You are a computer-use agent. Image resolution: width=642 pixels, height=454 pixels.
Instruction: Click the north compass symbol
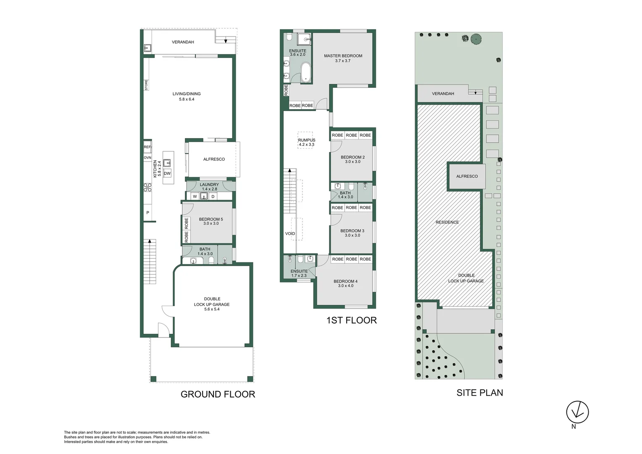[x=577, y=412]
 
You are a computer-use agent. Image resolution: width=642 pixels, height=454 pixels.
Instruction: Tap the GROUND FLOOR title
[x=218, y=394]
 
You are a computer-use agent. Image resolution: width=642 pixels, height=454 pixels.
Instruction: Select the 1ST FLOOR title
[x=351, y=320]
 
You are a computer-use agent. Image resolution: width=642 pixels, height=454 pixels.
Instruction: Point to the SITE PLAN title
[x=479, y=393]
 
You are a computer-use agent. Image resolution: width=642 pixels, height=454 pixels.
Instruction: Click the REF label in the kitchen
[x=147, y=147]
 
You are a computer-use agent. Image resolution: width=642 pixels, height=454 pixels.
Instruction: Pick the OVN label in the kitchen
[x=147, y=158]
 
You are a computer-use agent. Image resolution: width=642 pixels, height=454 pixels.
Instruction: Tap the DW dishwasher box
[x=167, y=173]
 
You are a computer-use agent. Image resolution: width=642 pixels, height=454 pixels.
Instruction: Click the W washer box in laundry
[x=195, y=196]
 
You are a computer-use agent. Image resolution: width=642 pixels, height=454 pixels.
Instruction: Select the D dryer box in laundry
[x=213, y=196]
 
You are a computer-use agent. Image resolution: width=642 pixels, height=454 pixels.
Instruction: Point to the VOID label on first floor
[x=290, y=234]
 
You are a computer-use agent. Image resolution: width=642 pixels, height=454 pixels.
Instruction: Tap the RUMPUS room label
[x=307, y=140]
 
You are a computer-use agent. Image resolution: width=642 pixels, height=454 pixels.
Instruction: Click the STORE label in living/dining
[x=146, y=85]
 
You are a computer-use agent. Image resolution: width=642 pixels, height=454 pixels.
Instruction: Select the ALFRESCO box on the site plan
[x=466, y=176]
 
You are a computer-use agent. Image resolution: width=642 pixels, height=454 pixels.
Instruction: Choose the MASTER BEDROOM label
[x=343, y=56]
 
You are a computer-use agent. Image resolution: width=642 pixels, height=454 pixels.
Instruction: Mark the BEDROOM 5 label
[x=211, y=219]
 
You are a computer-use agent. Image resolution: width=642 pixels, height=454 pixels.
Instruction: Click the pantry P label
[x=147, y=213]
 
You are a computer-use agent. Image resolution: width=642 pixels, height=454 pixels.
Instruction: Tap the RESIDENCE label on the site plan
[x=447, y=222]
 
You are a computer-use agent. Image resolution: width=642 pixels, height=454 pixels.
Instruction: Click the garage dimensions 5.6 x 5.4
[x=212, y=309]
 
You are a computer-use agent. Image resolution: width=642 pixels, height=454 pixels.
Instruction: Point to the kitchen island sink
[x=167, y=163]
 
